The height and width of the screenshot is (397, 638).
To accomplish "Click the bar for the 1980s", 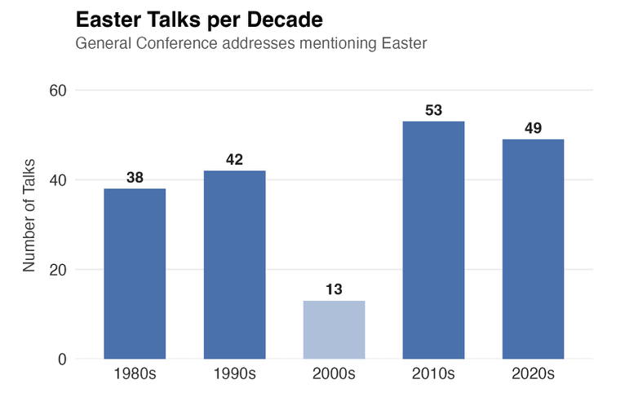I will (135, 273).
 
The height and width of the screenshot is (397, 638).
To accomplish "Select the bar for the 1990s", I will (234, 264).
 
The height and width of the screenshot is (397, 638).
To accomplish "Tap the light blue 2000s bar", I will (334, 329).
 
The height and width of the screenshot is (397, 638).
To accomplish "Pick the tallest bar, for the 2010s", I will (433, 240).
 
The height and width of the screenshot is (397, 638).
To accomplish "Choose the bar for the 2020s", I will (533, 249).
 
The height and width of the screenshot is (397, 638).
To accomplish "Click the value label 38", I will (135, 177).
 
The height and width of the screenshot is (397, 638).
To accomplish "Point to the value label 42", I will (234, 159).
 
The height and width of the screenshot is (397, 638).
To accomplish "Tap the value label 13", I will (334, 289).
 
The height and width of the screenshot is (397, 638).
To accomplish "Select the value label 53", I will (433, 110).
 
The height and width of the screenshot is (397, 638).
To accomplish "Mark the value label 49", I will (533, 128).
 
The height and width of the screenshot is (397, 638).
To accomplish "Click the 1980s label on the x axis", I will (135, 375).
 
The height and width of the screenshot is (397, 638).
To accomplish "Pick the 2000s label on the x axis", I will (334, 375).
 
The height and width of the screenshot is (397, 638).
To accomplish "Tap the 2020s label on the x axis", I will (533, 375).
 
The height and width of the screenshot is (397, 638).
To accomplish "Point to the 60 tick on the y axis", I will (57, 90).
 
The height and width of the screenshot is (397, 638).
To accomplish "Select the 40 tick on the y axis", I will (57, 180).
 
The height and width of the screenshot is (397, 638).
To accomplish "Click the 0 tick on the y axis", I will (62, 360).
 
